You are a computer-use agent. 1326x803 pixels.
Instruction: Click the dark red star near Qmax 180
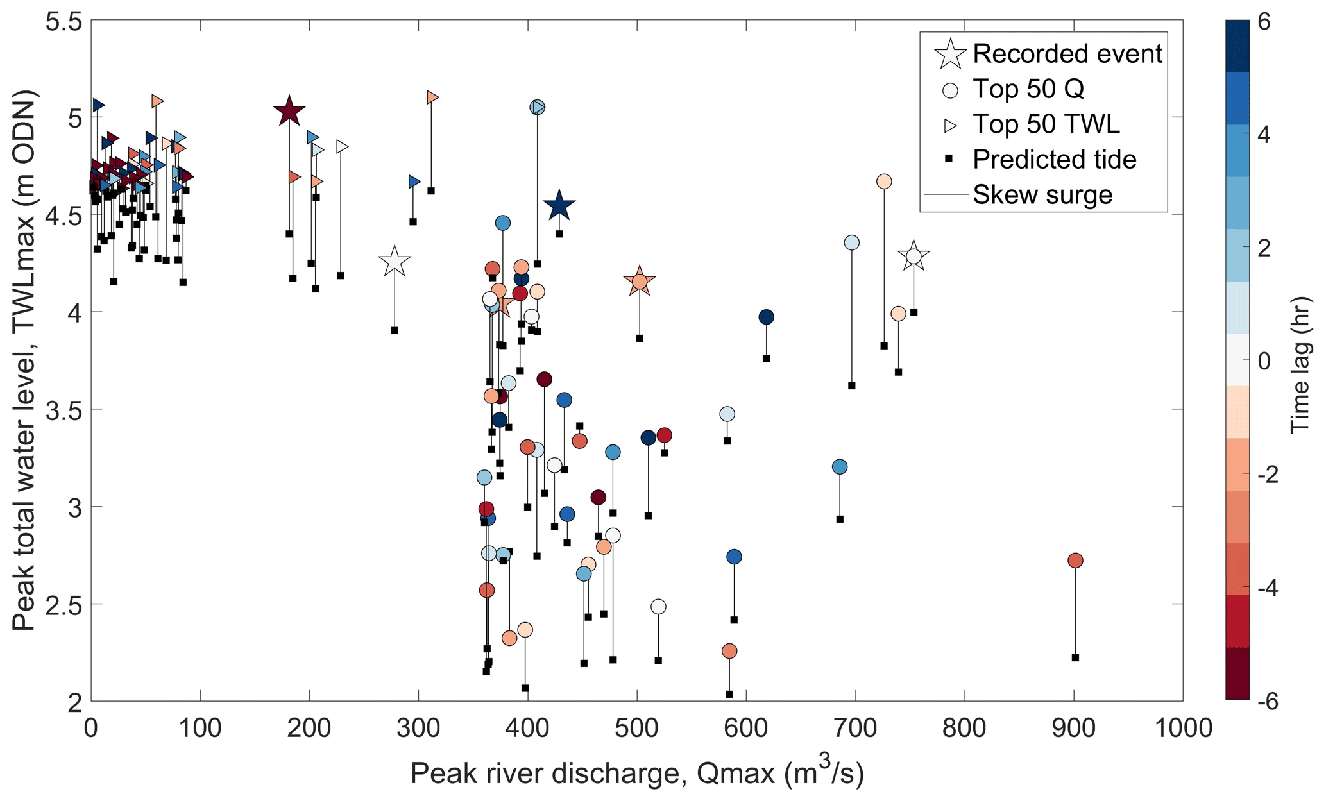click(289, 112)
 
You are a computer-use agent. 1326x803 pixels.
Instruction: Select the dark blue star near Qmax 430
click(559, 206)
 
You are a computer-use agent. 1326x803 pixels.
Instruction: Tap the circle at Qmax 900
click(1075, 560)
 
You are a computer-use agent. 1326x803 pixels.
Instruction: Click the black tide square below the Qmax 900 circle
click(1075, 657)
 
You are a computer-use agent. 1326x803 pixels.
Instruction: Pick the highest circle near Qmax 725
click(883, 182)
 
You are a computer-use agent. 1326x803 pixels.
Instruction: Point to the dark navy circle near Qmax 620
click(766, 317)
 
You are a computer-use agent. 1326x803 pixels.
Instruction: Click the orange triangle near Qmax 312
click(432, 97)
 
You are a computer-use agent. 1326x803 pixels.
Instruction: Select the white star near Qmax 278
click(395, 261)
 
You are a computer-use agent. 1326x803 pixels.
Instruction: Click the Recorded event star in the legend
click(950, 54)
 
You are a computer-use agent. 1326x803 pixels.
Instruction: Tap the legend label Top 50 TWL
click(1046, 124)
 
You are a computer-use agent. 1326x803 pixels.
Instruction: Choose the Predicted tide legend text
click(1054, 159)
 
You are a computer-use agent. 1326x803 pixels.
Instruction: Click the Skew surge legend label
click(1042, 194)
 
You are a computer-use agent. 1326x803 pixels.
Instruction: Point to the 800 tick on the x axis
click(964, 729)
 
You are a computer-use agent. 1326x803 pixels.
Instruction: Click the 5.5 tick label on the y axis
click(64, 22)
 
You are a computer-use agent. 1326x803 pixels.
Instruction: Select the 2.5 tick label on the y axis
click(64, 604)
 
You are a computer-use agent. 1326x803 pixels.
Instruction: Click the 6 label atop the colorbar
click(1264, 22)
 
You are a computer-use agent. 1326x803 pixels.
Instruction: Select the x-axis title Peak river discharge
click(637, 773)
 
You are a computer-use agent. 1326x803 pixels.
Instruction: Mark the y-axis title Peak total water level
click(24, 360)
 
